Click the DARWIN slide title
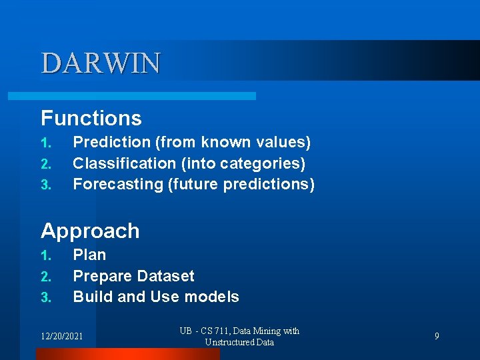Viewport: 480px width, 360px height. [x=101, y=63]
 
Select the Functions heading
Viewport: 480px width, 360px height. [x=91, y=118]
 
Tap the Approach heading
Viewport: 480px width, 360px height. [x=90, y=231]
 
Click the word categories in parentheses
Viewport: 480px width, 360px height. [x=269, y=163]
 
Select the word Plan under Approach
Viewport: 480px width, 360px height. [x=89, y=255]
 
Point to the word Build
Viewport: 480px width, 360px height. [x=93, y=297]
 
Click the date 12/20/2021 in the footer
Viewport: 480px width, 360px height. [x=62, y=336]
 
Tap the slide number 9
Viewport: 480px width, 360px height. [x=437, y=336]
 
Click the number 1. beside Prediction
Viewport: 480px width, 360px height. [x=45, y=143]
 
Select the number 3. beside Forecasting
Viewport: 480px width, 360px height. [x=45, y=185]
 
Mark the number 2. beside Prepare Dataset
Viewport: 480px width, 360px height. [x=45, y=277]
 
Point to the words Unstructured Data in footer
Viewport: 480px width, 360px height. [x=239, y=342]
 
